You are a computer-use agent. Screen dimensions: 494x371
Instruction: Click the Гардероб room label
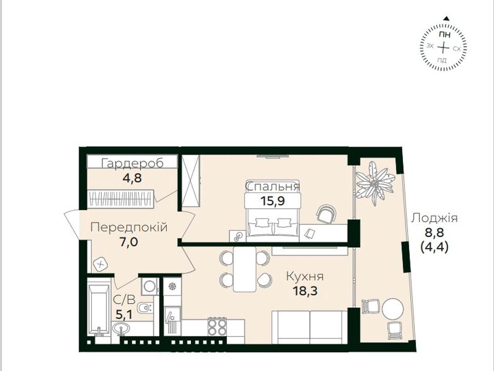pyautogui.click(x=133, y=163)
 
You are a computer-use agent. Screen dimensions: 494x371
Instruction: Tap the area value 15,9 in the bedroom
pyautogui.click(x=273, y=200)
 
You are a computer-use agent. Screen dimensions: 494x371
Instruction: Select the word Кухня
pyautogui.click(x=305, y=276)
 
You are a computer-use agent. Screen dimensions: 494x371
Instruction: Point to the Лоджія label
pyautogui.click(x=434, y=218)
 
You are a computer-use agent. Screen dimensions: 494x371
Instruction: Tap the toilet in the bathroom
pyautogui.click(x=146, y=307)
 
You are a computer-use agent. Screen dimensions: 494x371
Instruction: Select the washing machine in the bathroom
pyautogui.click(x=150, y=286)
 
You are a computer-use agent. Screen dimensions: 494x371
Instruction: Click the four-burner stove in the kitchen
pyautogui.click(x=217, y=327)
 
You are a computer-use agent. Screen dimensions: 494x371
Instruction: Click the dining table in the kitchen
pyautogui.click(x=244, y=269)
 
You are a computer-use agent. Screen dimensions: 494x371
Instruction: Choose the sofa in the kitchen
pyautogui.click(x=310, y=327)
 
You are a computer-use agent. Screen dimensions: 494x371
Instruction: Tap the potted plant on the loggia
pyautogui.click(x=375, y=183)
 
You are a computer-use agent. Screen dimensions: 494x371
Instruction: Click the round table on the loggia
pyautogui.click(x=393, y=309)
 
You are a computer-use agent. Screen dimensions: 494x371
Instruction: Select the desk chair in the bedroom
pyautogui.click(x=326, y=214)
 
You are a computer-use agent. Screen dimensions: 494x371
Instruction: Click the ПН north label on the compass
pyautogui.click(x=444, y=35)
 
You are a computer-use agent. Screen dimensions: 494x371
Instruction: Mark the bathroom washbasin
pyautogui.click(x=120, y=328)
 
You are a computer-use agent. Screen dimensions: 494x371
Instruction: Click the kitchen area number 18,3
pyautogui.click(x=305, y=291)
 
